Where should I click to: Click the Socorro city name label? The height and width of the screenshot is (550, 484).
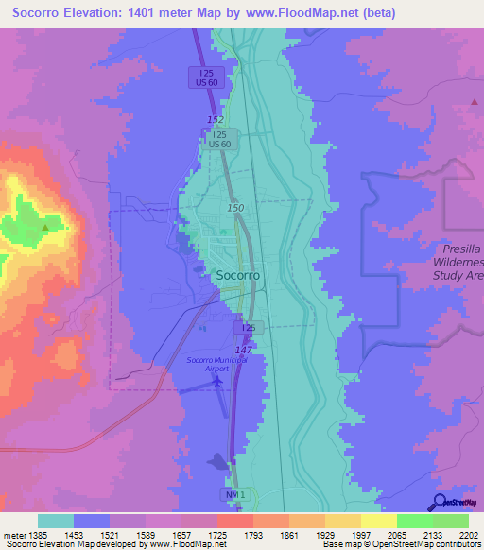pyautogui.click(x=238, y=276)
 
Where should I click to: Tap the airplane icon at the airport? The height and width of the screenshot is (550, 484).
pyautogui.click(x=220, y=380)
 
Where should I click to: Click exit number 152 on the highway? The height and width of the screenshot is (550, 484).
pyautogui.click(x=216, y=120)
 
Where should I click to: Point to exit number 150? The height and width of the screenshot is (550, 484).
pyautogui.click(x=235, y=207)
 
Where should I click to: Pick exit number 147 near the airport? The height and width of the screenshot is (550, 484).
pyautogui.click(x=243, y=350)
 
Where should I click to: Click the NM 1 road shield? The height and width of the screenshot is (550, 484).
pyautogui.click(x=233, y=494)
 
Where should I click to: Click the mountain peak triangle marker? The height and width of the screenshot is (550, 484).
pyautogui.click(x=44, y=227)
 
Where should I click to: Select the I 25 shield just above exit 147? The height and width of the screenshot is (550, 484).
pyautogui.click(x=248, y=327)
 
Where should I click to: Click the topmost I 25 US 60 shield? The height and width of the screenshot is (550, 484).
pyautogui.click(x=205, y=77)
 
